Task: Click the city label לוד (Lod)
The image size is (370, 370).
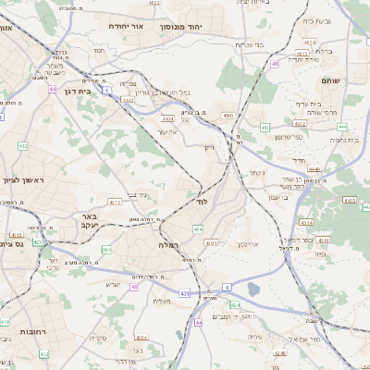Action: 203,200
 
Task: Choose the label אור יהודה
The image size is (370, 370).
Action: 128,27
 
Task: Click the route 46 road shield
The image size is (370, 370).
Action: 275,63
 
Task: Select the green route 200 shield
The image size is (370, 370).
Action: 106,249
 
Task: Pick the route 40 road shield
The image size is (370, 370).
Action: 134,287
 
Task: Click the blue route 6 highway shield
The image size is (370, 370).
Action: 227,288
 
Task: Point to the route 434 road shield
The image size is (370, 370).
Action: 198,228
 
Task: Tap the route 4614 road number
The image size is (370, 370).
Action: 310,42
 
